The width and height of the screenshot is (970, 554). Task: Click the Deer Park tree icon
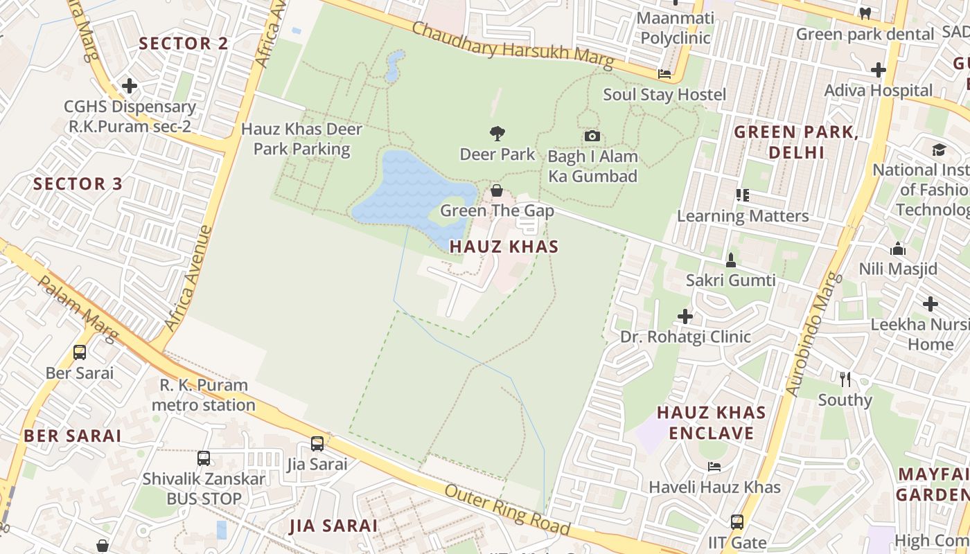497,133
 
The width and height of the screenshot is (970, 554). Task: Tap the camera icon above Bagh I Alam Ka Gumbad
592,136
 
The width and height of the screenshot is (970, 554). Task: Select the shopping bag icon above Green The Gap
497,190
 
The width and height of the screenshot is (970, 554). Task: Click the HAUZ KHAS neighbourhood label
504,247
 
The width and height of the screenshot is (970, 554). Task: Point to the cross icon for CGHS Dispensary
130,87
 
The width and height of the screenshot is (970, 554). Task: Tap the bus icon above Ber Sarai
80,352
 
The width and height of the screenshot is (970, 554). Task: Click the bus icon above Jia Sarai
317,444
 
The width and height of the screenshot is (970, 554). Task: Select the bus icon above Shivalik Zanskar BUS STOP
204,458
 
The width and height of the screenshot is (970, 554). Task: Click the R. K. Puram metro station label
203,395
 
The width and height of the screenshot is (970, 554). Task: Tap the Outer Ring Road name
507,510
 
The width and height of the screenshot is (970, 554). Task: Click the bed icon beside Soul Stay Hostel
664,74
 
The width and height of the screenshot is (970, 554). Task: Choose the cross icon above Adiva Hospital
879,70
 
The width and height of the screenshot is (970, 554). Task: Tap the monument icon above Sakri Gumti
730,260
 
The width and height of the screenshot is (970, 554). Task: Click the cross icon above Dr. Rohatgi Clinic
685,316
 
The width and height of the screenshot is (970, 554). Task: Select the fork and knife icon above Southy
845,379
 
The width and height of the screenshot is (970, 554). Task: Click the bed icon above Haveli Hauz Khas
714,467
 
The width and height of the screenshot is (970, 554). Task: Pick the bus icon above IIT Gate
737,522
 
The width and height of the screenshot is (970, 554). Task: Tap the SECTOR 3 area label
78,184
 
